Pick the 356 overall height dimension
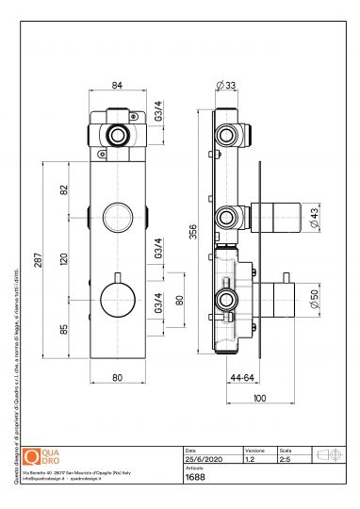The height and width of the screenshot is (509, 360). pyautogui.click(x=194, y=232)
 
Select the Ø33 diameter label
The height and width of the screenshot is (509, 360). pyautogui.click(x=226, y=86)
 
